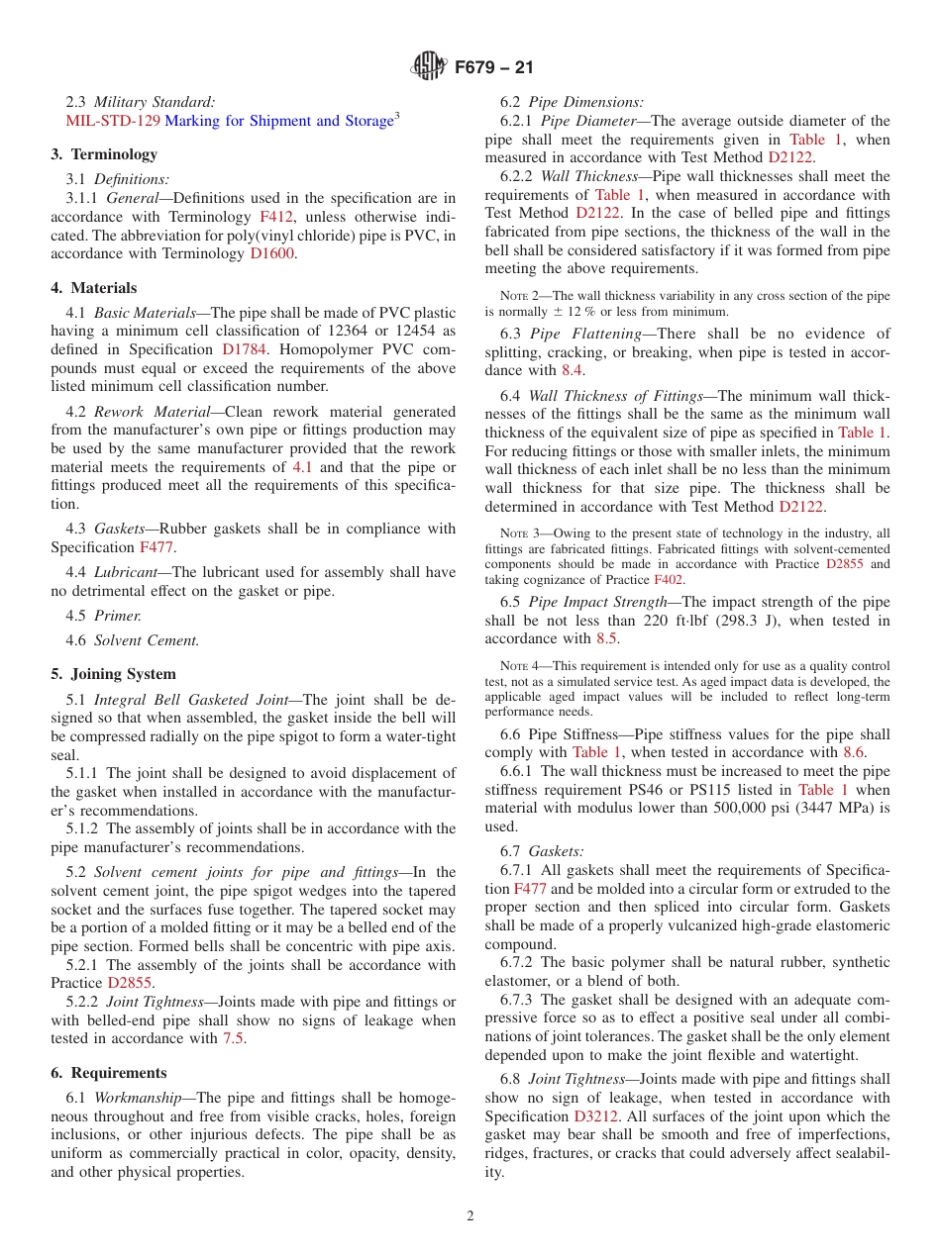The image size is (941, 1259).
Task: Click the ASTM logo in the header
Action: coord(429,67)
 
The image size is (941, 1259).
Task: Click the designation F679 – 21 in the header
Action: coord(494,67)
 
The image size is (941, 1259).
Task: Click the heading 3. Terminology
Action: coord(104,154)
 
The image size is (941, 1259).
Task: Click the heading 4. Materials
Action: coord(94,288)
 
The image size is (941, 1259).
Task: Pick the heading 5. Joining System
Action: coord(113,674)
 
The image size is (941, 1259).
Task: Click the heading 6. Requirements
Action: coord(109,1073)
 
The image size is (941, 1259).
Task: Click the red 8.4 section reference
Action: coord(573,370)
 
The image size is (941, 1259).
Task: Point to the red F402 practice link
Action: coord(668,580)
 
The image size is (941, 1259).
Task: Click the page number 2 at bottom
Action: coord(470,1216)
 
